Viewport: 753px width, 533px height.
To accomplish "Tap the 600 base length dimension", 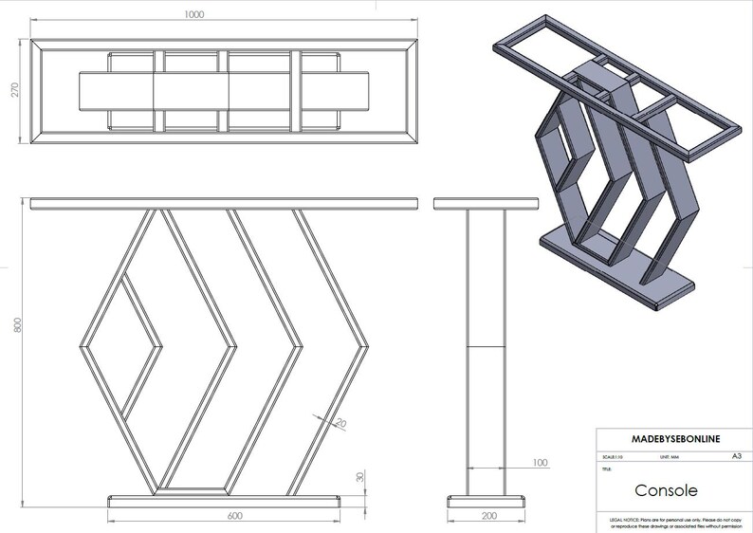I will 225,516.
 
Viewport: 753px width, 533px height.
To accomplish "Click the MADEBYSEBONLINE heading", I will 673,439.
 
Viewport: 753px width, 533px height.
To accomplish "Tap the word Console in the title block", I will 665,491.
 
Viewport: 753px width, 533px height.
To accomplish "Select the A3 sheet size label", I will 736,456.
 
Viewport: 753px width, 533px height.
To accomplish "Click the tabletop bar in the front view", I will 224,203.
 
